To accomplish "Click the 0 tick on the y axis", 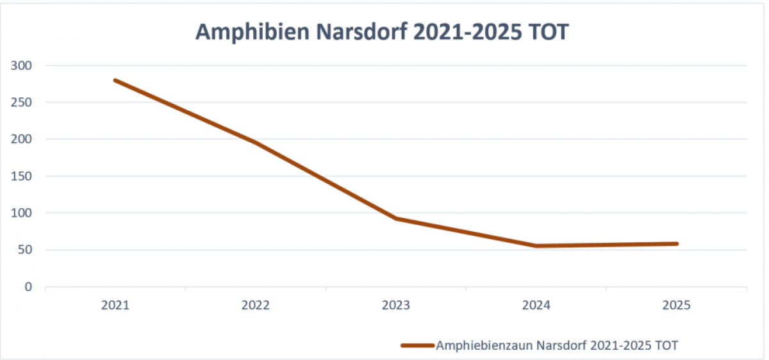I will tap(29, 287).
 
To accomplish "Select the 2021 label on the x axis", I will tap(115, 306).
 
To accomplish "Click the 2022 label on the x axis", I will tap(256, 306).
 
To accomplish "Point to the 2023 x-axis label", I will tap(396, 306).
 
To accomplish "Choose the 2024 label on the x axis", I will tap(536, 306).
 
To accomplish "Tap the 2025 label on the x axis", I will tap(677, 306).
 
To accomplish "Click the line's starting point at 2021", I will tap(115, 80).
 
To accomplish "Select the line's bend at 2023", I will tap(396, 218).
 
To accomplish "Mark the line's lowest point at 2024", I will tap(536, 246).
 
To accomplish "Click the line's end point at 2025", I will tap(677, 243).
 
